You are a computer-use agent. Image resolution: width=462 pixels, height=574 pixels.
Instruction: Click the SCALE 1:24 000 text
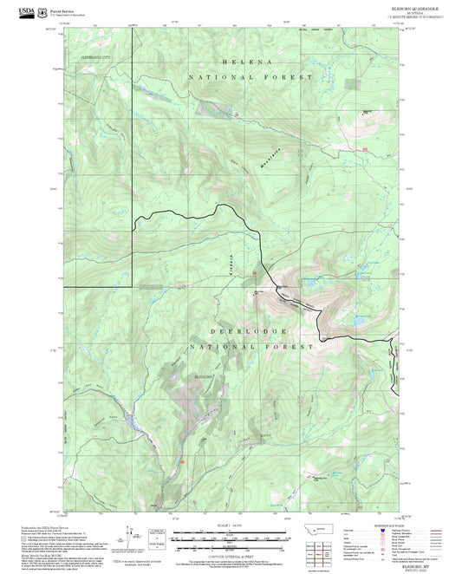coord(230,525)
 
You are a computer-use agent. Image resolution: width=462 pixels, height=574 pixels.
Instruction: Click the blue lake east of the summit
coord(355,320)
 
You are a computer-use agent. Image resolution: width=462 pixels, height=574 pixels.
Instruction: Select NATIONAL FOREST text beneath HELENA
coord(251,78)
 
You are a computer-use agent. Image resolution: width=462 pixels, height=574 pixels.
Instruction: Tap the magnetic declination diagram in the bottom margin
coord(131,533)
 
